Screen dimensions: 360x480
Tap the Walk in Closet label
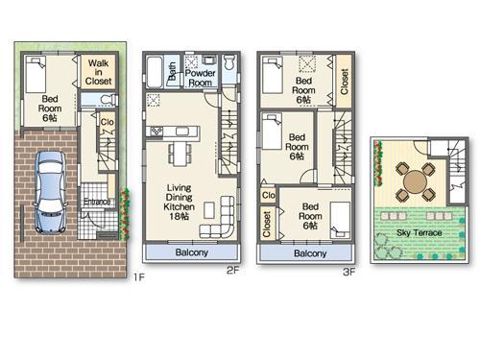click(99, 72)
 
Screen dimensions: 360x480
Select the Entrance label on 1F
click(96, 202)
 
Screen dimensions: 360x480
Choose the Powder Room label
click(199, 78)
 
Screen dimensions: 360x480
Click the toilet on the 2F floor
click(230, 68)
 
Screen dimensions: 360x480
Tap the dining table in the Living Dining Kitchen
click(180, 153)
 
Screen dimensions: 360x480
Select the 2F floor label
click(232, 271)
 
